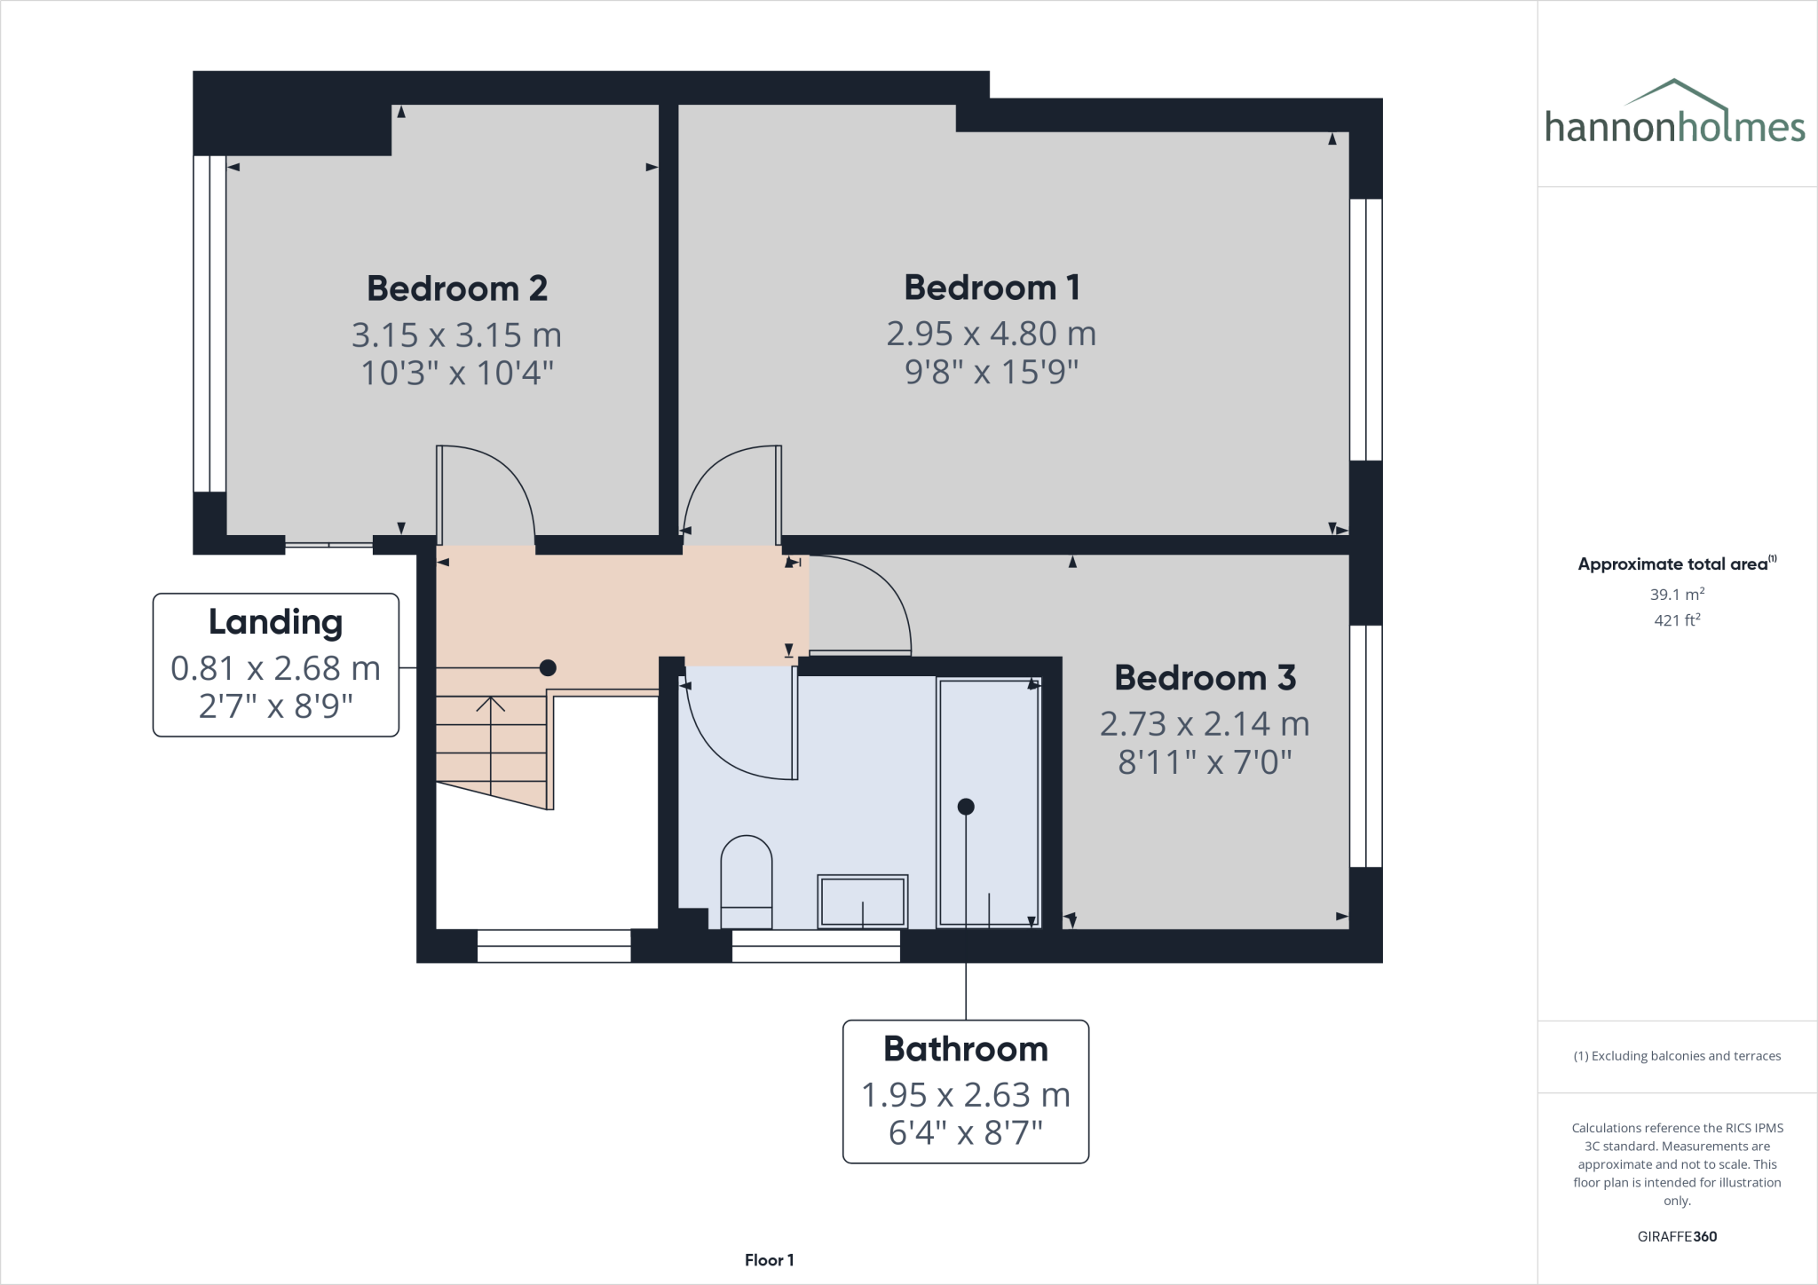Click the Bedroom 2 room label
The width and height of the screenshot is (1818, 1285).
point(457,288)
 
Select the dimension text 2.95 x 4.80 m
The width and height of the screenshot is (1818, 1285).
point(991,334)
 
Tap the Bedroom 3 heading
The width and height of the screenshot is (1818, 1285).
point(1205,678)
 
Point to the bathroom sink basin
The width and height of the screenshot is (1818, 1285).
point(862,901)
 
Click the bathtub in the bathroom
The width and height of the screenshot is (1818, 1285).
point(988,802)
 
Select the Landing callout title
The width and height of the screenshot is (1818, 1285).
point(275,622)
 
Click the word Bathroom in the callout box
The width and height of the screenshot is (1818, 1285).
point(965,1049)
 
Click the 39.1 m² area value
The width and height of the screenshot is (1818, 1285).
point(1677,595)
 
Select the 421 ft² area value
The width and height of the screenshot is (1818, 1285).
point(1677,620)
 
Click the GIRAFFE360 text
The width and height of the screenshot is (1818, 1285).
point(1677,1236)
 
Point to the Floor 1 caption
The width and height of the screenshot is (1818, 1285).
point(769,1260)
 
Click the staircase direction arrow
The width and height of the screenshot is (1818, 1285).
point(490,706)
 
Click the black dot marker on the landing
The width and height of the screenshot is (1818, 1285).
point(548,667)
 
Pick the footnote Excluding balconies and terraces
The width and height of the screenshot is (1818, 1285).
point(1677,1056)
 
